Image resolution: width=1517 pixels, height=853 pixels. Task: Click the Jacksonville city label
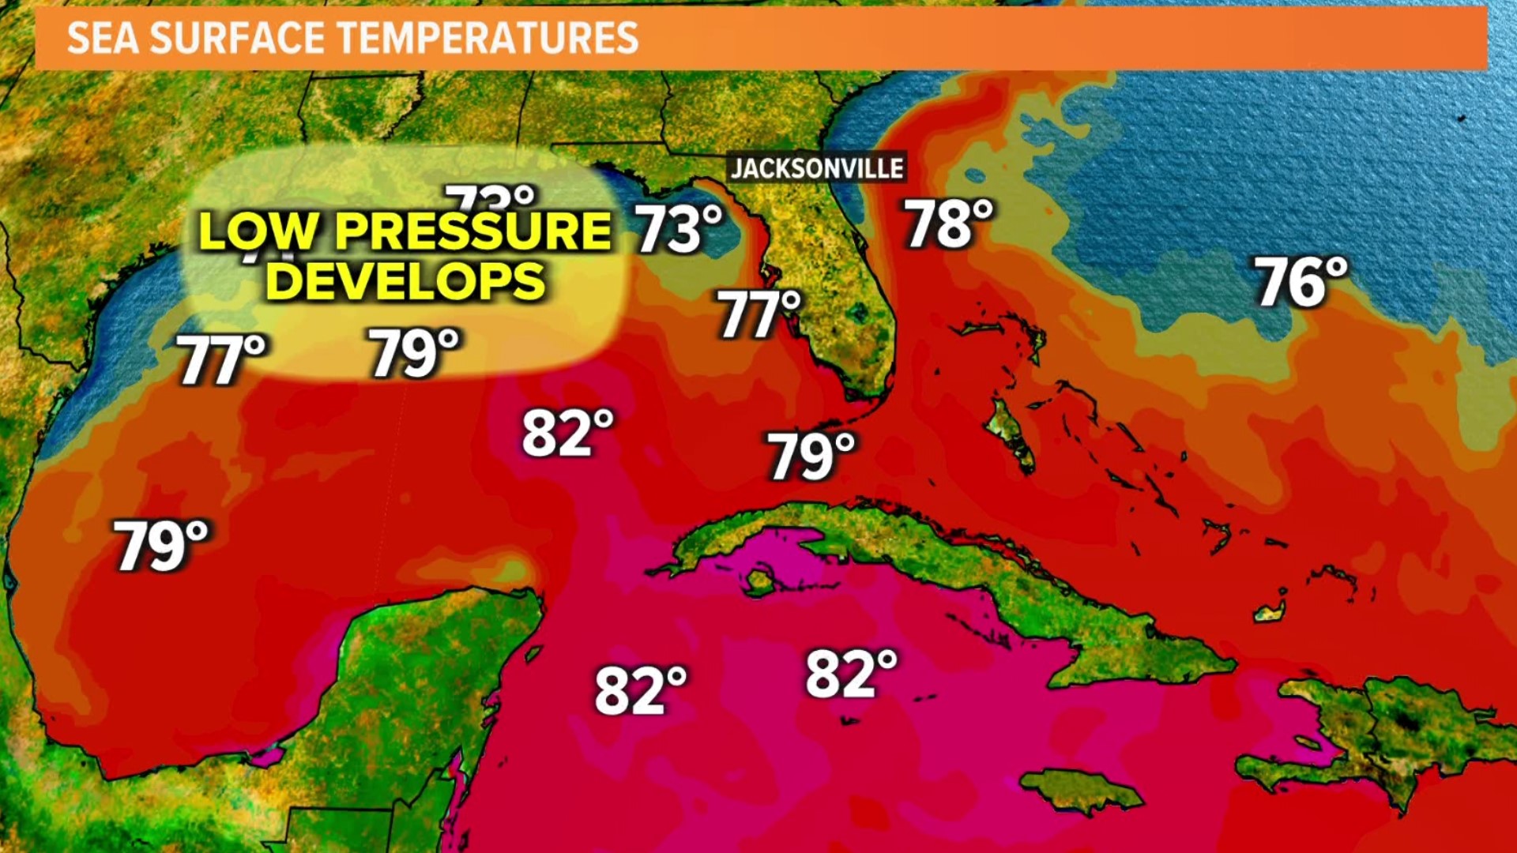[x=817, y=167]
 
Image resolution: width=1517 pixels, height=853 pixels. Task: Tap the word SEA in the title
[x=101, y=38]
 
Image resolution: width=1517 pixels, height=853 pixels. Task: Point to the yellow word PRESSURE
[x=473, y=231]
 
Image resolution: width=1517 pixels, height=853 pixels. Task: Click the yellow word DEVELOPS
[x=405, y=280]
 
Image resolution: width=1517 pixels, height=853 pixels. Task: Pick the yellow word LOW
[x=258, y=231]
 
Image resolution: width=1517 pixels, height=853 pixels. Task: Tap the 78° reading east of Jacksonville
[x=948, y=224]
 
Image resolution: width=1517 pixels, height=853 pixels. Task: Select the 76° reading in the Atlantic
[x=1301, y=282]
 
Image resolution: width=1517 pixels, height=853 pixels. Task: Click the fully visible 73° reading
[x=679, y=229]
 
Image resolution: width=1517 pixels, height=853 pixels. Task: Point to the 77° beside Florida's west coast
[x=758, y=314]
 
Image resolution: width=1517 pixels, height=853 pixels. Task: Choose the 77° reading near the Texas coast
[x=222, y=360]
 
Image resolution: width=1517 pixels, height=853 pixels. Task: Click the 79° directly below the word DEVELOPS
[x=414, y=352]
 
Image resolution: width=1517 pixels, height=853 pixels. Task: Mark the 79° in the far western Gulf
[x=161, y=545]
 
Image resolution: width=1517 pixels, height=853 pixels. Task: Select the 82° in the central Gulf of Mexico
[x=567, y=433]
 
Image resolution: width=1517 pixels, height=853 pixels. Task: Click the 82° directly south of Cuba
[x=851, y=674]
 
